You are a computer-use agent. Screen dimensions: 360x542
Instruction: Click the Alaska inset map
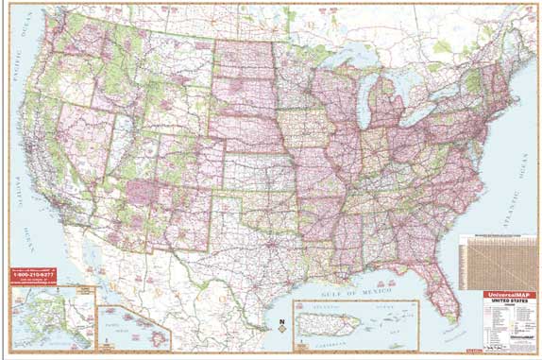click(52, 317)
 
